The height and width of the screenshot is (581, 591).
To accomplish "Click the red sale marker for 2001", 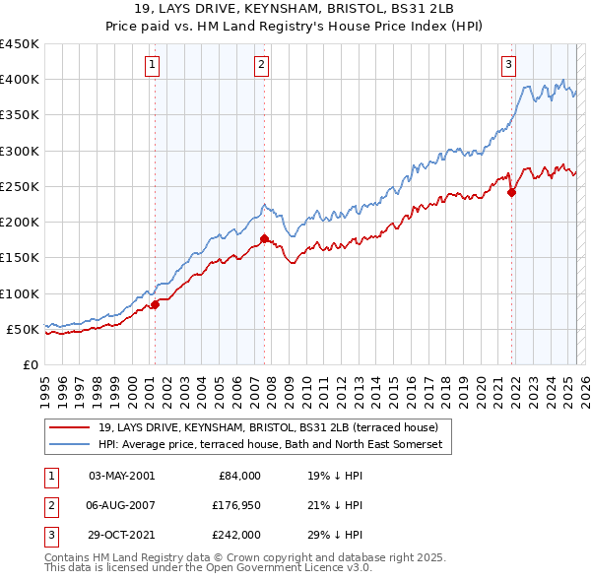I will tap(155, 305).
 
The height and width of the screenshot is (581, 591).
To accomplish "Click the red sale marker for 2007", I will tap(264, 238).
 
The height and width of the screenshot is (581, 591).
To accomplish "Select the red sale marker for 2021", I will tap(512, 193).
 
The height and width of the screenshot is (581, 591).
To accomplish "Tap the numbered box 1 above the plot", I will tap(154, 66).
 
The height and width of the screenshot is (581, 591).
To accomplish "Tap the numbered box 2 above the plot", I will tap(262, 66).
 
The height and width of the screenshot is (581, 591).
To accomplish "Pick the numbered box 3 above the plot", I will tap(509, 66).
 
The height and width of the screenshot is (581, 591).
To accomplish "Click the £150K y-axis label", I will tap(20, 258).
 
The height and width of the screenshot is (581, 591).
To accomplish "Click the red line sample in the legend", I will tap(71, 427).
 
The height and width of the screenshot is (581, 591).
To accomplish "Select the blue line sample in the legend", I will tap(71, 445).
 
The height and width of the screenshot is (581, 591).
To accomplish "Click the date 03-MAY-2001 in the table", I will tap(120, 476).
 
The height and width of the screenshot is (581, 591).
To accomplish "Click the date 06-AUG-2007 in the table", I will tap(120, 505).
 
